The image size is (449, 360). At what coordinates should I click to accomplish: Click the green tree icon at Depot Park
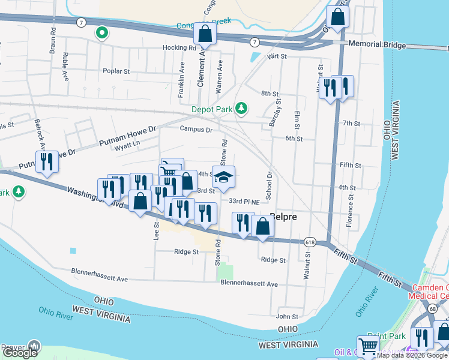[x=241, y=108]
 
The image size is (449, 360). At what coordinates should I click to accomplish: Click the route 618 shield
[x=310, y=242]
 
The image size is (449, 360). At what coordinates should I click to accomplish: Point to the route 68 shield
[x=432, y=308]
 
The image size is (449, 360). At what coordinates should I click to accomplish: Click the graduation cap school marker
[x=223, y=178]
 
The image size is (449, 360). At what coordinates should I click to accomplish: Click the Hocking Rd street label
[x=179, y=47]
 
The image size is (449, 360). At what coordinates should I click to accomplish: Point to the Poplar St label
[x=116, y=71]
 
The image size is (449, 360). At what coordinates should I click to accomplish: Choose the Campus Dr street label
[x=196, y=129]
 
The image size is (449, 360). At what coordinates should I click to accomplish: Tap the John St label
[x=287, y=316]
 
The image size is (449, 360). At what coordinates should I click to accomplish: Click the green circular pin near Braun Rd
[x=103, y=32]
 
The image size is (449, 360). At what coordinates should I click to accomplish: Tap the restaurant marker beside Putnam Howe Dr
[x=47, y=162]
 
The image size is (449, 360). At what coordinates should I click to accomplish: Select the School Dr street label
[x=270, y=184]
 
